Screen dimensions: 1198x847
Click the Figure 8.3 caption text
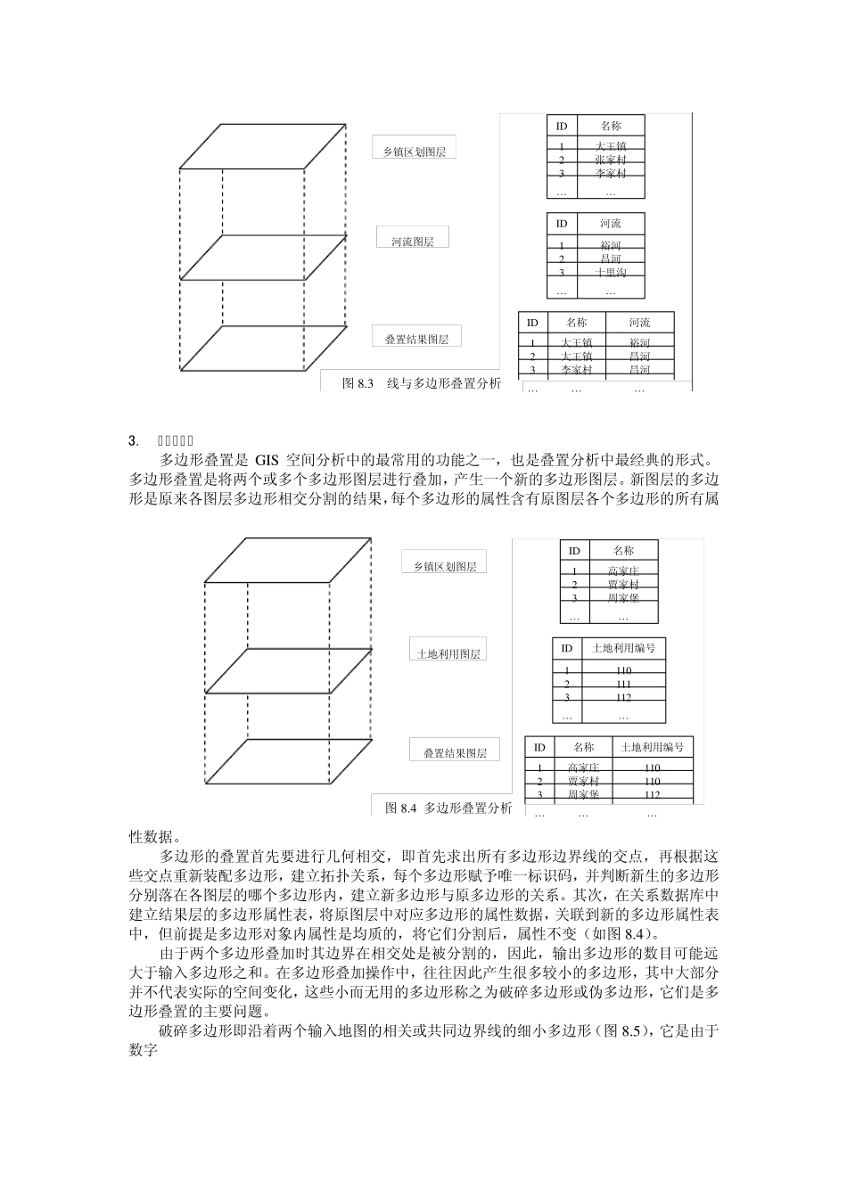point(422,383)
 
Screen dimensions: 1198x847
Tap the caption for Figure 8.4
point(448,808)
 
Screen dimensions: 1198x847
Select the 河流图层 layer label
point(412,242)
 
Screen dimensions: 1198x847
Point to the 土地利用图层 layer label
point(448,653)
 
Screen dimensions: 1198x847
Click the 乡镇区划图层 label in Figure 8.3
point(414,152)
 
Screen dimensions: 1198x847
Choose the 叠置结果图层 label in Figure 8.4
point(455,752)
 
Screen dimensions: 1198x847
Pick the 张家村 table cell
point(611,160)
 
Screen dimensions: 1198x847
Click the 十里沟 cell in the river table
point(611,273)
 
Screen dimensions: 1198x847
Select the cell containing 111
point(623,684)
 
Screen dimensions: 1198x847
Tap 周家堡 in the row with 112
point(583,794)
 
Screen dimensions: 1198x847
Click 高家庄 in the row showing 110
point(583,767)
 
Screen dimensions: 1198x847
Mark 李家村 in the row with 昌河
point(576,369)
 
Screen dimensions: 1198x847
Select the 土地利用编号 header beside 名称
point(652,747)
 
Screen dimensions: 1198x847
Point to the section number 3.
point(133,440)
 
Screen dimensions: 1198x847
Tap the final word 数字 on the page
point(144,1050)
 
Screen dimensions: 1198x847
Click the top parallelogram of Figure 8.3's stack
point(262,145)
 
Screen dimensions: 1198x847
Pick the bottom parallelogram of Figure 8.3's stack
point(262,348)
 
